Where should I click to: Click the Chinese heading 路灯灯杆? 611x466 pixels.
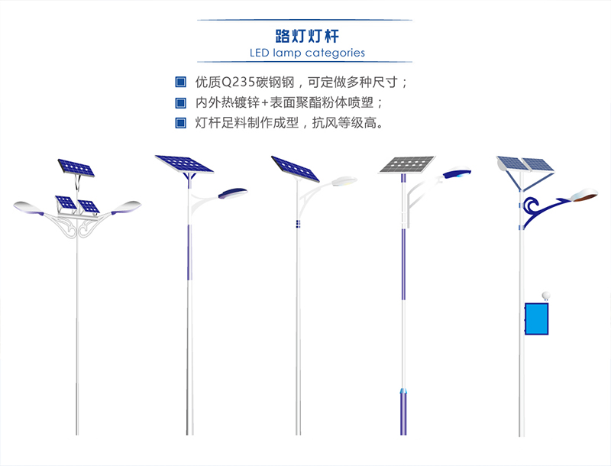pyautogui.click(x=307, y=36)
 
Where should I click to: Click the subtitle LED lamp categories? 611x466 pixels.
pyautogui.click(x=307, y=53)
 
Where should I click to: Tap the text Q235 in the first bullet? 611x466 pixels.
pyautogui.click(x=238, y=83)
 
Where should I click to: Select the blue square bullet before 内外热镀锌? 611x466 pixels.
pyautogui.click(x=180, y=103)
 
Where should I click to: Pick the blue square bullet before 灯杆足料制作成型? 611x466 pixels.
pyautogui.click(x=180, y=123)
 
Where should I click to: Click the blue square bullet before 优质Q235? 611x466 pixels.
pyautogui.click(x=180, y=83)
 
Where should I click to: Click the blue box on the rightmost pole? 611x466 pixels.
pyautogui.click(x=537, y=319)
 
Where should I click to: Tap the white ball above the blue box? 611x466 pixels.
pyautogui.click(x=545, y=296)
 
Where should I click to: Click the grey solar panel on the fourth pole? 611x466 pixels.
pyautogui.click(x=407, y=164)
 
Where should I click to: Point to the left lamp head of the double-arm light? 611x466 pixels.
pyautogui.click(x=29, y=207)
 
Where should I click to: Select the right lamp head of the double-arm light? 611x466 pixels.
pyautogui.click(x=126, y=207)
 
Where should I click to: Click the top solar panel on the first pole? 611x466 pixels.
pyautogui.click(x=76, y=167)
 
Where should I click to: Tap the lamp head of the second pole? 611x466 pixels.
pyautogui.click(x=233, y=193)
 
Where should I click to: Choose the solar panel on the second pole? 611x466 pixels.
pyautogui.click(x=184, y=164)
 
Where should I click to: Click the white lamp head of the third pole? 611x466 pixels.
pyautogui.click(x=344, y=181)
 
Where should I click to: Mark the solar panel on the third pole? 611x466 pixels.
pyautogui.click(x=295, y=169)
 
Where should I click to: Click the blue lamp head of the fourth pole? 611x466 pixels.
pyautogui.click(x=457, y=172)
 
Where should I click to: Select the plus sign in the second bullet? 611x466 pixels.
pyautogui.click(x=264, y=103)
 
